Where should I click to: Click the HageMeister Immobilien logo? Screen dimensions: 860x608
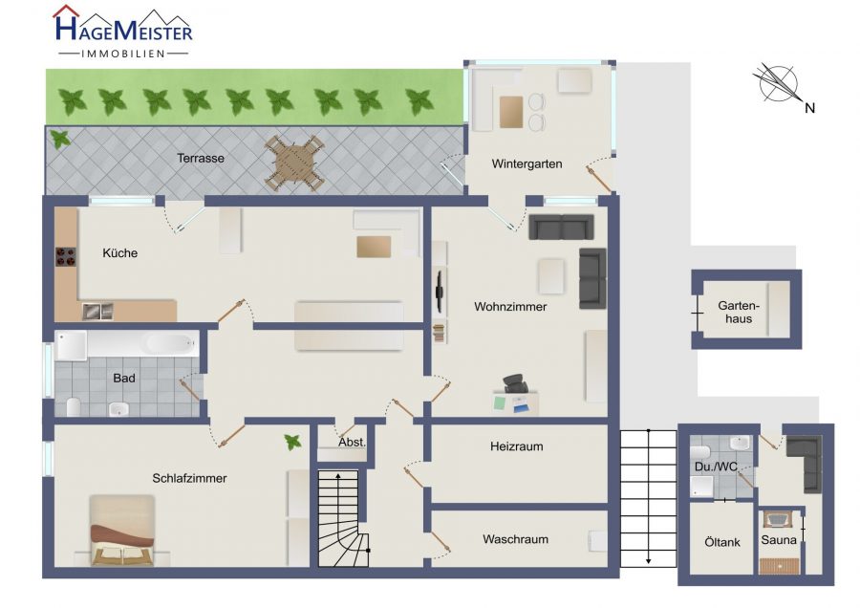tap(123, 32)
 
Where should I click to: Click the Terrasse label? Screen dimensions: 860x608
tap(201, 158)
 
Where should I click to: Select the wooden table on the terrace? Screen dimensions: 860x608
tap(293, 163)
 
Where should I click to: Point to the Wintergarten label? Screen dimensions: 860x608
tap(527, 163)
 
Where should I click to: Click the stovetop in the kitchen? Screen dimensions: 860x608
tap(66, 257)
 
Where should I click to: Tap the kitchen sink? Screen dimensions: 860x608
tap(97, 312)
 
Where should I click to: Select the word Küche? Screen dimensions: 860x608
tap(120, 253)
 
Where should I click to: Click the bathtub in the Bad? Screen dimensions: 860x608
tap(142, 344)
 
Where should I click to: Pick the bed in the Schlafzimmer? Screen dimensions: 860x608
tap(121, 530)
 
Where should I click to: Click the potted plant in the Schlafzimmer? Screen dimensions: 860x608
tap(292, 442)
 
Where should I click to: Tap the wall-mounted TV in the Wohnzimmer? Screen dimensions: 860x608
tap(439, 291)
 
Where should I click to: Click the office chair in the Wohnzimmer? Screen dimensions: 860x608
tap(516, 383)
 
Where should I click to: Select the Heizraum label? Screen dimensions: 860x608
tap(517, 446)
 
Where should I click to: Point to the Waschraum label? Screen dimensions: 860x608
tap(516, 539)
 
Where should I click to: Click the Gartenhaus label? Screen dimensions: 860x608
tap(739, 313)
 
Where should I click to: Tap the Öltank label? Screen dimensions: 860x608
tap(722, 542)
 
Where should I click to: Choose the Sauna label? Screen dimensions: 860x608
tap(778, 540)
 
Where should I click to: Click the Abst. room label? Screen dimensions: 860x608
tap(352, 443)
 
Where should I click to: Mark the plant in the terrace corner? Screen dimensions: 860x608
tap(60, 139)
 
